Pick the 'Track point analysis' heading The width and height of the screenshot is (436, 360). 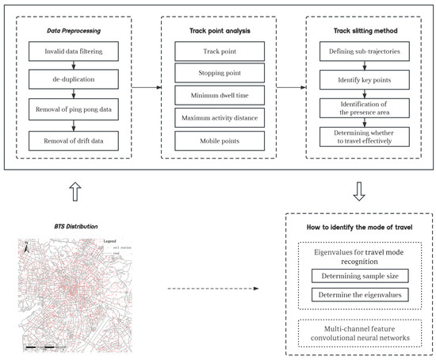[218, 31]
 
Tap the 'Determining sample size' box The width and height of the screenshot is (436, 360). [361, 277]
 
